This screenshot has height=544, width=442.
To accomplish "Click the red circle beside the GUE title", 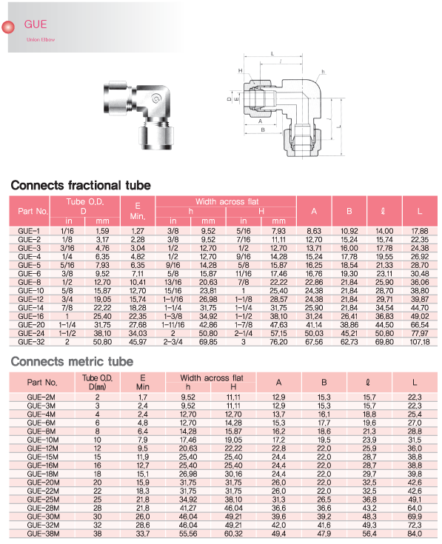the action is click(x=8, y=27).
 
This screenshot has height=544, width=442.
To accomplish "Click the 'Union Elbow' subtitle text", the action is click(x=41, y=39).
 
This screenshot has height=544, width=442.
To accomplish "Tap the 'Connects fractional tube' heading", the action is click(x=81, y=185).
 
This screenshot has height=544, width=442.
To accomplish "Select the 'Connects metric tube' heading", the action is click(x=72, y=361).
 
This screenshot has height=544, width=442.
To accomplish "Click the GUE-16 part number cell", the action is click(x=30, y=317).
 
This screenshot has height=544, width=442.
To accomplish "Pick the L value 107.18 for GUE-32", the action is click(x=420, y=342).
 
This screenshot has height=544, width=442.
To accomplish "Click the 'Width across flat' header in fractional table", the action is click(x=227, y=201).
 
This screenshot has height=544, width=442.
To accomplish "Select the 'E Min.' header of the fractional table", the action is click(x=138, y=211).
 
